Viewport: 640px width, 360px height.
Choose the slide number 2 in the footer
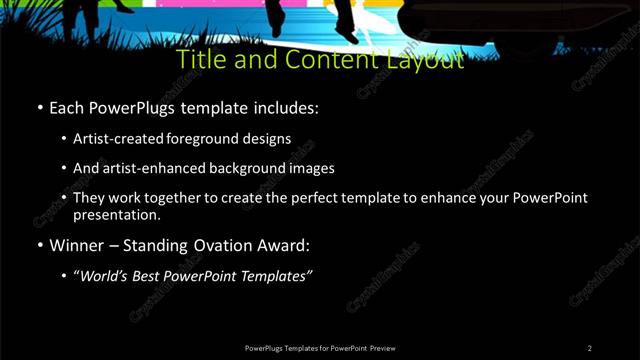point(590,347)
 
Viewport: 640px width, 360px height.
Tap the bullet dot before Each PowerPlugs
point(39,107)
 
